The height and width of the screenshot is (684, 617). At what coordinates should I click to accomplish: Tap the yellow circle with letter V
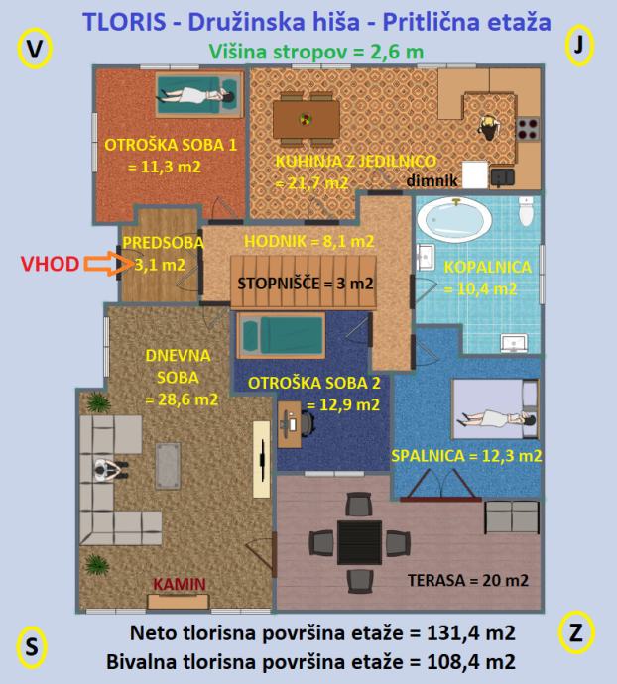pos(35,49)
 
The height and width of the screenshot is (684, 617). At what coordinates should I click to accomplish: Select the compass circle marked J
pos(579,46)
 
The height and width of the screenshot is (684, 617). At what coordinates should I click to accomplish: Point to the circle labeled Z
pos(576,632)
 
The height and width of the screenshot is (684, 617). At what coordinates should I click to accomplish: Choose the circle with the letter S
pos(32,647)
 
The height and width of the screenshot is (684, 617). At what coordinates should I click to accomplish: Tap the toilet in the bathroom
pos(526,211)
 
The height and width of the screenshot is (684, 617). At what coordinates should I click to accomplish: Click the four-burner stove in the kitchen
pos(528,129)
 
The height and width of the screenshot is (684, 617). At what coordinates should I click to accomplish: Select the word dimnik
pos(432,180)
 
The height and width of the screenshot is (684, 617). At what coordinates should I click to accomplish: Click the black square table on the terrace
pos(359,542)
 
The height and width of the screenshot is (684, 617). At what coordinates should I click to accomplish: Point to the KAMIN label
pos(180,584)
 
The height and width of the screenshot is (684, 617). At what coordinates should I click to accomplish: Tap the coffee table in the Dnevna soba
pos(168,466)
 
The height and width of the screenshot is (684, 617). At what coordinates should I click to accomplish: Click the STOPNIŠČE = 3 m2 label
pos(306,284)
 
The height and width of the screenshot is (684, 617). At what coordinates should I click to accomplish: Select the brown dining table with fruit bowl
pos(307,119)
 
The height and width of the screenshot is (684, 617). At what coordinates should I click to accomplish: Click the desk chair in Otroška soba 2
pos(307,423)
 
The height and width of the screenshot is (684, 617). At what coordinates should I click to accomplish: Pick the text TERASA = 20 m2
pos(467,580)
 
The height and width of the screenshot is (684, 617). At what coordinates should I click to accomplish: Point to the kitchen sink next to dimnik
pos(503,177)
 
